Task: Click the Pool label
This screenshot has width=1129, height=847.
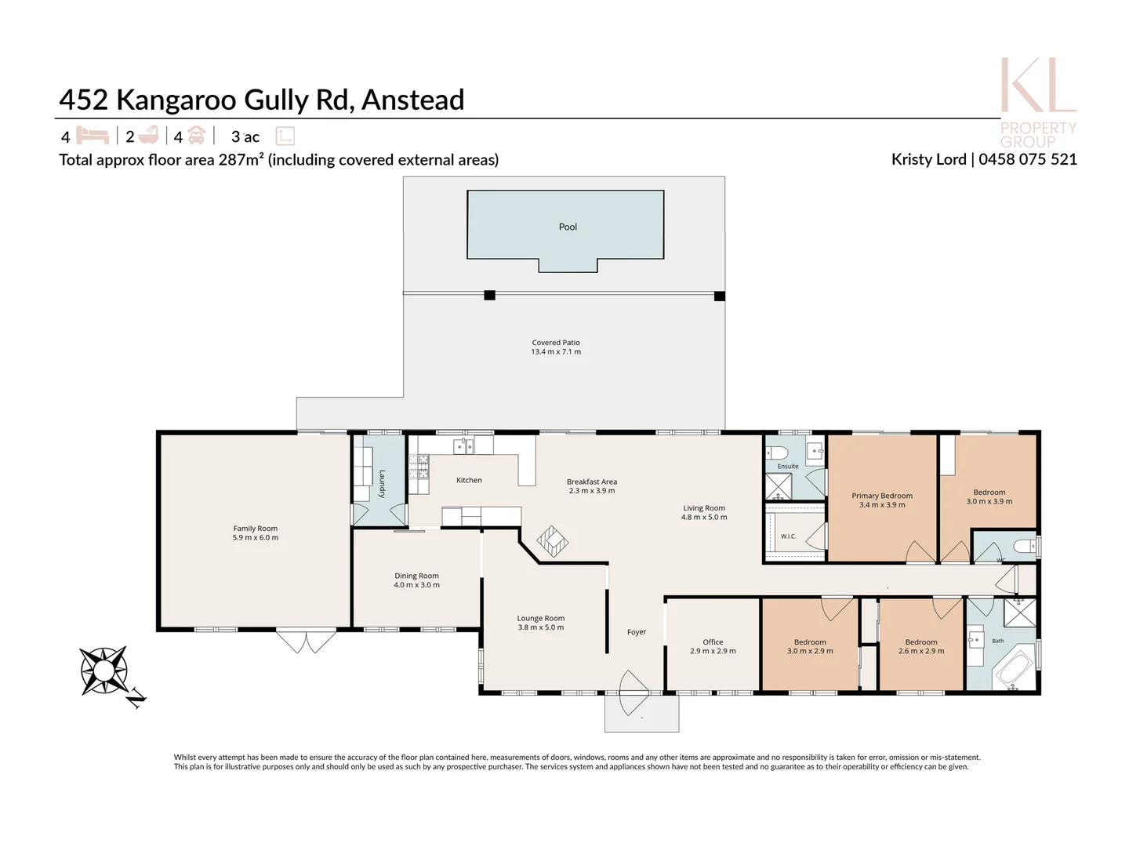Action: tap(568, 227)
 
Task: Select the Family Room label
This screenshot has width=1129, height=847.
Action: tap(255, 528)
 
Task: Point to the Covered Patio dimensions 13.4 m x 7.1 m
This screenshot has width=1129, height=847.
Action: tap(556, 352)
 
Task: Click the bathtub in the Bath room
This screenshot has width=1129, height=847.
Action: tap(1014, 669)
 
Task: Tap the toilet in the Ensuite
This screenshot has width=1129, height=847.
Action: tap(777, 453)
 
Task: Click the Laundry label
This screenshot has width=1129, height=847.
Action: tap(382, 483)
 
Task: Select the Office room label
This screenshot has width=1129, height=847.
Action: tap(713, 642)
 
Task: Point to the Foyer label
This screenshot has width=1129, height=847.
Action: tap(637, 632)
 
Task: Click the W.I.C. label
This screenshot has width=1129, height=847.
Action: tap(788, 536)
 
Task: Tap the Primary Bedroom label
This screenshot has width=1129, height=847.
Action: tap(881, 496)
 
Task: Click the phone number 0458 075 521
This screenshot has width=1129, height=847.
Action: tap(1027, 159)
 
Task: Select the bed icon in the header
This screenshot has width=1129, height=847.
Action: tap(93, 136)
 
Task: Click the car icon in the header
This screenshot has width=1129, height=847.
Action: tap(196, 135)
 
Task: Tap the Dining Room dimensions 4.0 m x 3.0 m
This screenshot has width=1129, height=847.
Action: tap(416, 585)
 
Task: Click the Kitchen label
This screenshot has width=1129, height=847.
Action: tap(469, 480)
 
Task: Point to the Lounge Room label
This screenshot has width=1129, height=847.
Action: tap(540, 618)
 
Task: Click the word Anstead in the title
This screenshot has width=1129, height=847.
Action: tap(412, 100)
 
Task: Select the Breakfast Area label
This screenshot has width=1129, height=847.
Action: tap(591, 482)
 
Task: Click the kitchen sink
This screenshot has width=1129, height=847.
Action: tap(463, 446)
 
